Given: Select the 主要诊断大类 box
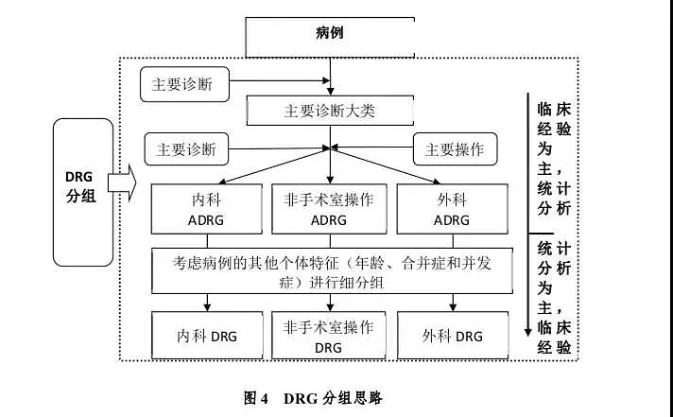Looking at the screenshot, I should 329,111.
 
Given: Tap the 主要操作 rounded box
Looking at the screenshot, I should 455,148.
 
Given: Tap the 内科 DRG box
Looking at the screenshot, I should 208,336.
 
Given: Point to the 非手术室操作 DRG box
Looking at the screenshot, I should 329,336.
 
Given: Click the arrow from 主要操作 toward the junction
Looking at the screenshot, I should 378,148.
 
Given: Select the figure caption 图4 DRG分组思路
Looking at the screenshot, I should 312,397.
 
